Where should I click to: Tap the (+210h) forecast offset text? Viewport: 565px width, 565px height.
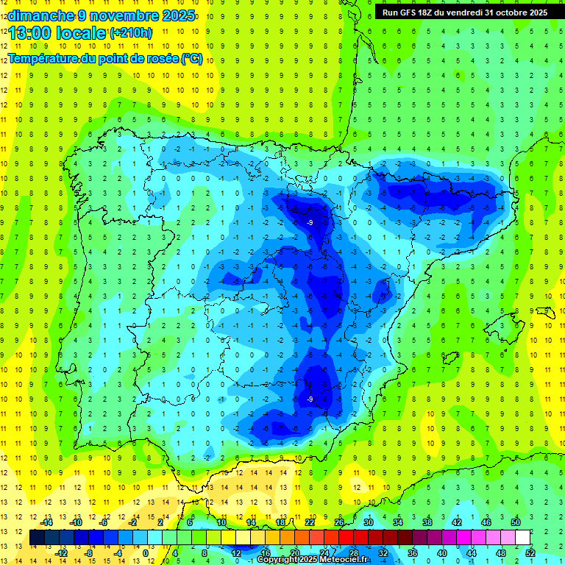[x=131, y=33]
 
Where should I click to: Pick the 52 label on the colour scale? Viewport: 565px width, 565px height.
[x=530, y=553]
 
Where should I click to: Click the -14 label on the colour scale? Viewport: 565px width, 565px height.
[x=47, y=522]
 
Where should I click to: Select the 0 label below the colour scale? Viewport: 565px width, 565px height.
[x=146, y=553]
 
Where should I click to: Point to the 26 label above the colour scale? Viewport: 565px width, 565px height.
[x=339, y=522]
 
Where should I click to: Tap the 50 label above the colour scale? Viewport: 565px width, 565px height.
[x=516, y=522]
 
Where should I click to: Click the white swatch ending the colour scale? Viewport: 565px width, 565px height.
[x=523, y=538]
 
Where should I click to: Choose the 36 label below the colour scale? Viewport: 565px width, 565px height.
[x=412, y=553]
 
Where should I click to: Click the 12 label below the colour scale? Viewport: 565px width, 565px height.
[x=235, y=553]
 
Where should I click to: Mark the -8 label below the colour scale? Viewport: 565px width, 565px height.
[x=89, y=553]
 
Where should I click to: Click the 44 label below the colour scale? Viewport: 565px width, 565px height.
[x=472, y=553]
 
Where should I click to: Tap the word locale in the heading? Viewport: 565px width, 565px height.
[x=83, y=32]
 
